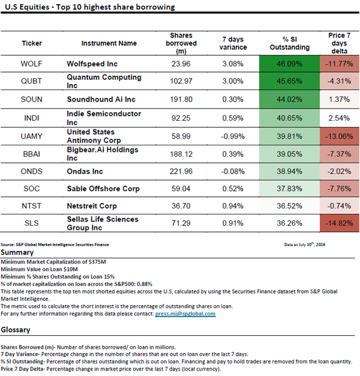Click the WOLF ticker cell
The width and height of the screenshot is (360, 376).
31,64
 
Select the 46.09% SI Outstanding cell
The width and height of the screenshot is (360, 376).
289,64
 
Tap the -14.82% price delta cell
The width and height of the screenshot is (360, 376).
340,223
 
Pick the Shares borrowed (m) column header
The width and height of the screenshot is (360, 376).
181,43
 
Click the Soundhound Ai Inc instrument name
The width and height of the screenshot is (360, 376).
101,99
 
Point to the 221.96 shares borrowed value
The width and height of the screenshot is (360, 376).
181,171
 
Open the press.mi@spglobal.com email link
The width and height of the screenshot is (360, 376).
185,314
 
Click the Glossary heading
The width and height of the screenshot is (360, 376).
16,330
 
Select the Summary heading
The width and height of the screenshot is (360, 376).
17,252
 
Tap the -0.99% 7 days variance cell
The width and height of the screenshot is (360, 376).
233,136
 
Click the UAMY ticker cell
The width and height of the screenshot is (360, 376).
31,136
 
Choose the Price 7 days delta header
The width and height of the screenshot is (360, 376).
340,43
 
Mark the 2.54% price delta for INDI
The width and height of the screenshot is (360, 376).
339,118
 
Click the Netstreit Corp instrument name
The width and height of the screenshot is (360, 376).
92,206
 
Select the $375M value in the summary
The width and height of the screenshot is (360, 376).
97,262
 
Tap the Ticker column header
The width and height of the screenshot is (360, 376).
32,43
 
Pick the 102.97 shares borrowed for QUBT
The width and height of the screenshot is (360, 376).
181,81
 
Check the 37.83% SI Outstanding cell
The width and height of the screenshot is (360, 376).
289,189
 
